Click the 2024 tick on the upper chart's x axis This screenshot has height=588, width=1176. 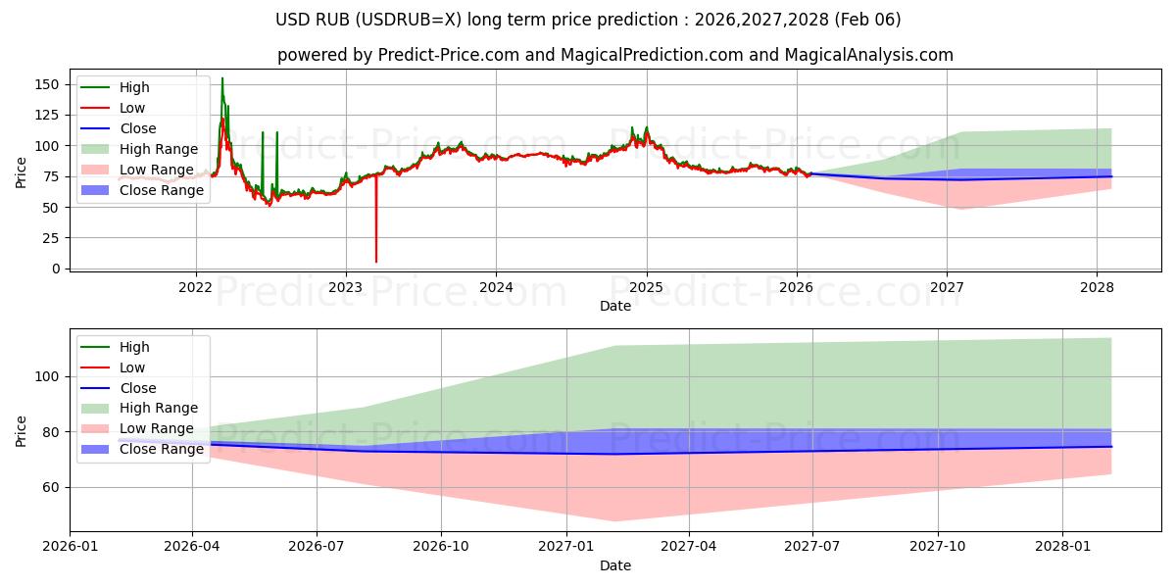point(496,287)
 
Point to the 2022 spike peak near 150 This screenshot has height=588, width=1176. point(222,78)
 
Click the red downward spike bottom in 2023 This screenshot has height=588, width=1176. point(375,261)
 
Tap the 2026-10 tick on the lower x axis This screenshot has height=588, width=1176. point(441,547)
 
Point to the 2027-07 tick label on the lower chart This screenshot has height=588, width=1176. point(813,547)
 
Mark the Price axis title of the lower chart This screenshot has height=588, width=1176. point(22,430)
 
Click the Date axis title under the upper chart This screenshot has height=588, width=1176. point(614,306)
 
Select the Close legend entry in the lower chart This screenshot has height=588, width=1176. point(137,388)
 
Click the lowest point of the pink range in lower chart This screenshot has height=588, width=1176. point(613,521)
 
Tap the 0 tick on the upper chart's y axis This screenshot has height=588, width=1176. point(57,269)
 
